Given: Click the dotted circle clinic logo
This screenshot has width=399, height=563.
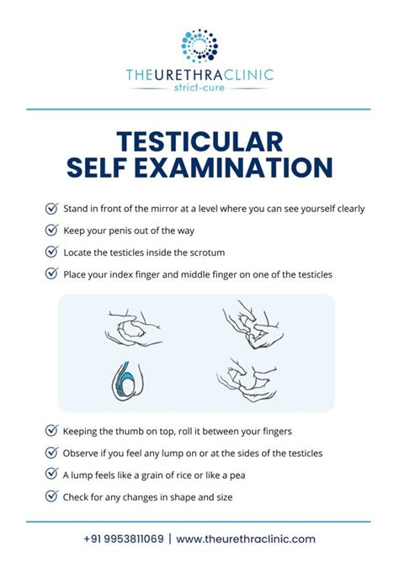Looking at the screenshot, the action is coord(199,46).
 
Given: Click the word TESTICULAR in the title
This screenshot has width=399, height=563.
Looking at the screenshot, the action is coord(199,141).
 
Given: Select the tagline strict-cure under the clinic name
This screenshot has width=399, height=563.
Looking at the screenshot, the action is coord(199,88).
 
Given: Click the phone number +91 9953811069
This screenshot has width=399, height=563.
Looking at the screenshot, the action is coord(124,539).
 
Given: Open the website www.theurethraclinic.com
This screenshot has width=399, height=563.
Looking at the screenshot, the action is coord(246,539).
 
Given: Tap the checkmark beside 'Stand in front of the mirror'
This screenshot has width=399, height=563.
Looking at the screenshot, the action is coord(51,208).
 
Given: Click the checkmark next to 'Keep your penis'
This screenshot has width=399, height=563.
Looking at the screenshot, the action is coord(51,230).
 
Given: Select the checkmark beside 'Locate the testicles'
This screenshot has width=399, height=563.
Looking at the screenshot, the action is coord(51,252).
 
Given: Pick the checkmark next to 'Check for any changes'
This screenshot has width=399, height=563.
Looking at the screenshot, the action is coord(51,497).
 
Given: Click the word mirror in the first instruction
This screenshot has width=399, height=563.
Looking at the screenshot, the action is coord(164,209).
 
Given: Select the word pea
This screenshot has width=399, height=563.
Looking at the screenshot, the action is coord(237,475).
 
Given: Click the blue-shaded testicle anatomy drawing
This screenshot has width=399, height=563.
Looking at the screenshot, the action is coord(127,381).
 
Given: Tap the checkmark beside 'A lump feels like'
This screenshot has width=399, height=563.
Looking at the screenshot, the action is coord(51,475).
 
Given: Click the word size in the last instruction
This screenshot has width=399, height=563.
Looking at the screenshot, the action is coord(225,497).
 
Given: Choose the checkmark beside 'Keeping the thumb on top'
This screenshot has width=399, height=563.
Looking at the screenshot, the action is coord(51,431).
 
